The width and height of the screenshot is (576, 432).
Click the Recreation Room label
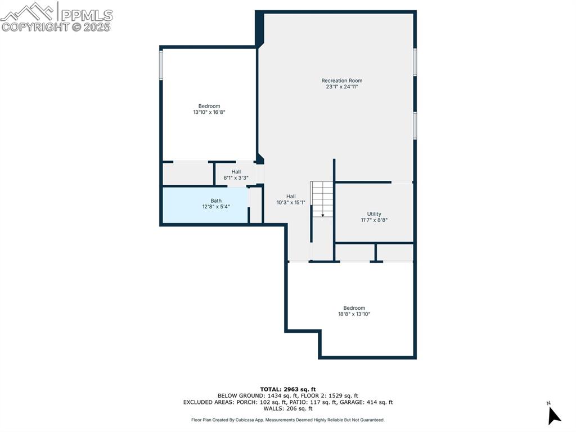tap(341, 81)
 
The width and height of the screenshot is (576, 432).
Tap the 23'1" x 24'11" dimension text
tap(341, 87)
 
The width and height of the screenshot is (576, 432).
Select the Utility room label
tap(374, 214)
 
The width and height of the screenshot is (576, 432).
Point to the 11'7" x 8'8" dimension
tap(374, 220)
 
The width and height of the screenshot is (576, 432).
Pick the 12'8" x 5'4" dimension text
tap(216, 207)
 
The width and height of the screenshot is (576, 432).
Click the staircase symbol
tap(322, 199)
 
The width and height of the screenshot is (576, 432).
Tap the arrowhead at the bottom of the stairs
tap(323, 215)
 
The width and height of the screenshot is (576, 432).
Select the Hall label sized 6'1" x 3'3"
tap(236, 172)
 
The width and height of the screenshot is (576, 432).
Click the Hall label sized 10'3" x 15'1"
tap(291, 197)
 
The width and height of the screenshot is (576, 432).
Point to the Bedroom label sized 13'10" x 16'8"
tap(209, 106)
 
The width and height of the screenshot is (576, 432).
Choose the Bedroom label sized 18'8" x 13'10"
tap(354, 308)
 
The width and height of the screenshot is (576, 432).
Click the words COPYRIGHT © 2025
tap(56, 27)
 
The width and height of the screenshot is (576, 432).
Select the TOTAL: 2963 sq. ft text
tap(287, 389)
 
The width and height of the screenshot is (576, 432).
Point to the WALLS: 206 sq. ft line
tap(287, 408)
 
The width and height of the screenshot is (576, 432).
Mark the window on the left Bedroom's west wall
tap(161, 65)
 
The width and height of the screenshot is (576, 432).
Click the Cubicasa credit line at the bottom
tap(287, 420)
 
